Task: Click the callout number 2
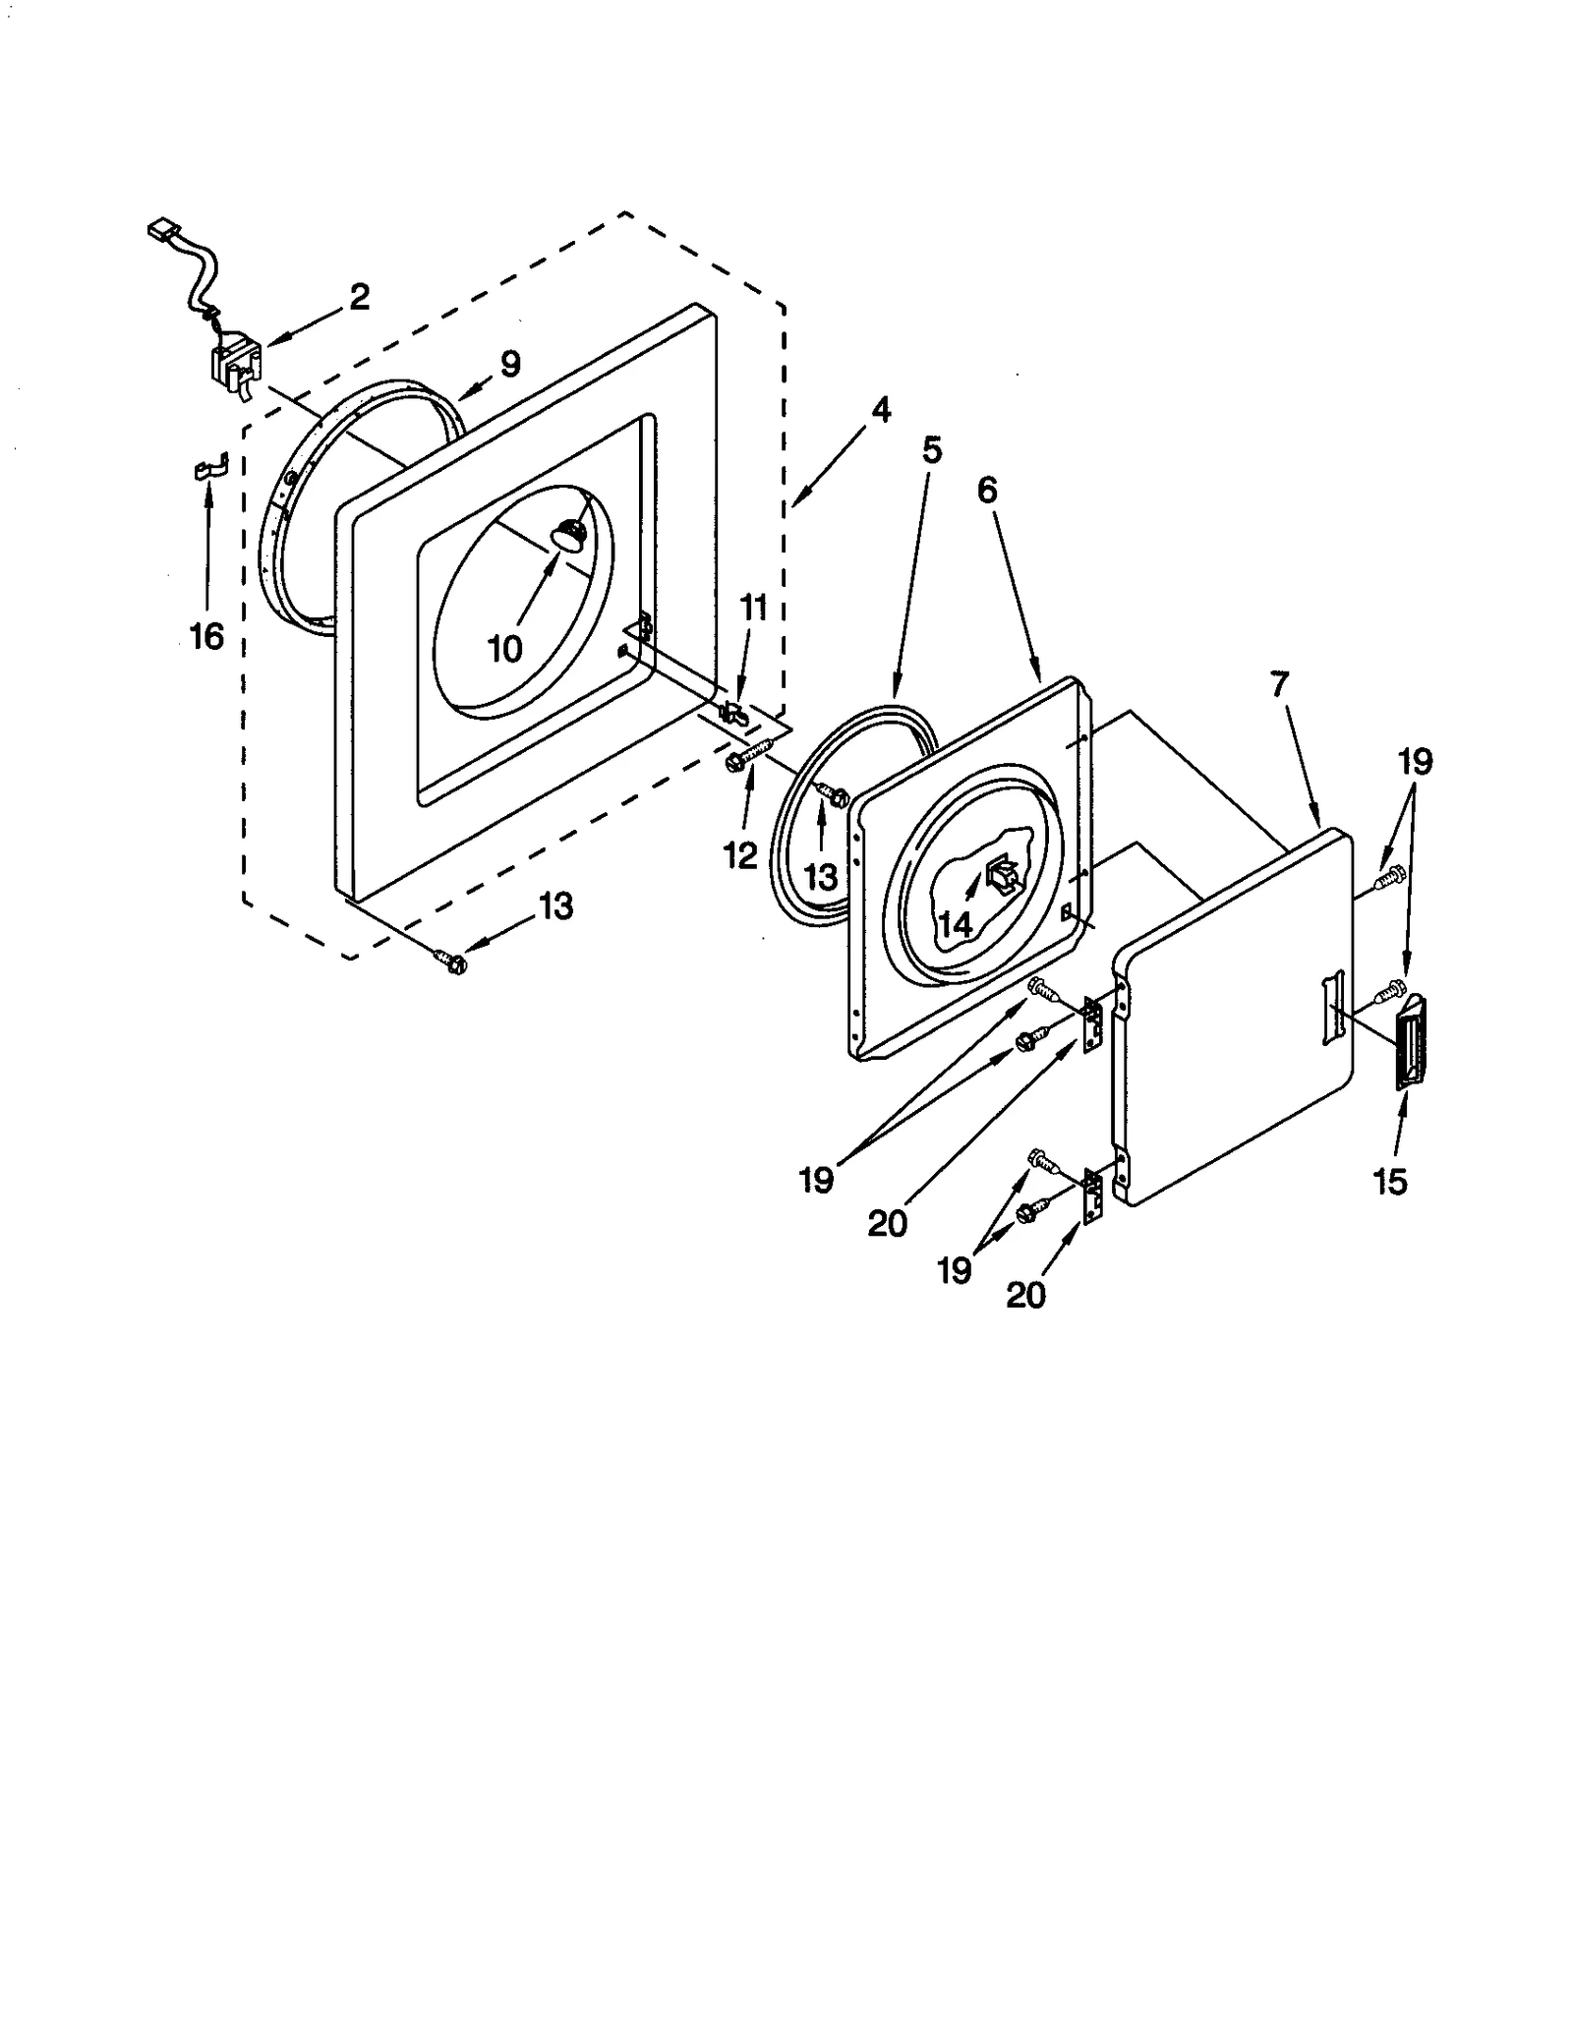(x=360, y=296)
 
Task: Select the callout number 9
(x=509, y=364)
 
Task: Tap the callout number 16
(x=206, y=636)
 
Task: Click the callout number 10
(x=505, y=648)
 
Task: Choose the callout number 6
(x=987, y=489)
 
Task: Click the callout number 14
(x=955, y=923)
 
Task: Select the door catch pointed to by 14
(x=1002, y=872)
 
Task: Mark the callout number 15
(x=1390, y=1182)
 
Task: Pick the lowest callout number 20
(x=1025, y=1295)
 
